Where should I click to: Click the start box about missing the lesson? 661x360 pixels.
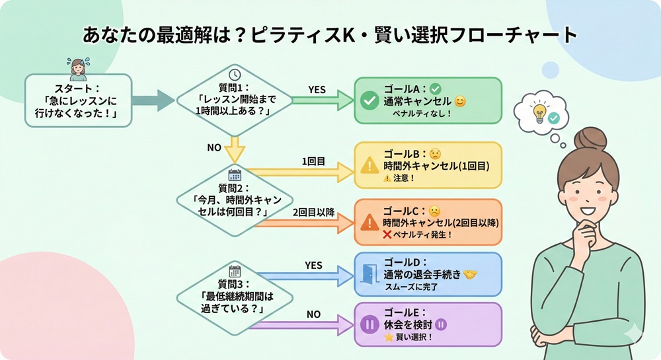pyautogui.click(x=79, y=100)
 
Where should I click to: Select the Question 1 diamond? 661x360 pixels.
pyautogui.click(x=235, y=100)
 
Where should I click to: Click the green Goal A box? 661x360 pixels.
pyautogui.click(x=428, y=100)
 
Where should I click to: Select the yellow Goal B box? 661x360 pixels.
pyautogui.click(x=428, y=166)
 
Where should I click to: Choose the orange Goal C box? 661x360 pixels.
pyautogui.click(x=428, y=222)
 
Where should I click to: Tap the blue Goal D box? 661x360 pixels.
pyautogui.click(x=428, y=273)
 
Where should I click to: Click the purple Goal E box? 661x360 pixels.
pyautogui.click(x=428, y=324)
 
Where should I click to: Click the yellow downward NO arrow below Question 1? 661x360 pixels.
pyautogui.click(x=235, y=149)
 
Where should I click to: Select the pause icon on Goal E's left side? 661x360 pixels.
pyautogui.click(x=368, y=325)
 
